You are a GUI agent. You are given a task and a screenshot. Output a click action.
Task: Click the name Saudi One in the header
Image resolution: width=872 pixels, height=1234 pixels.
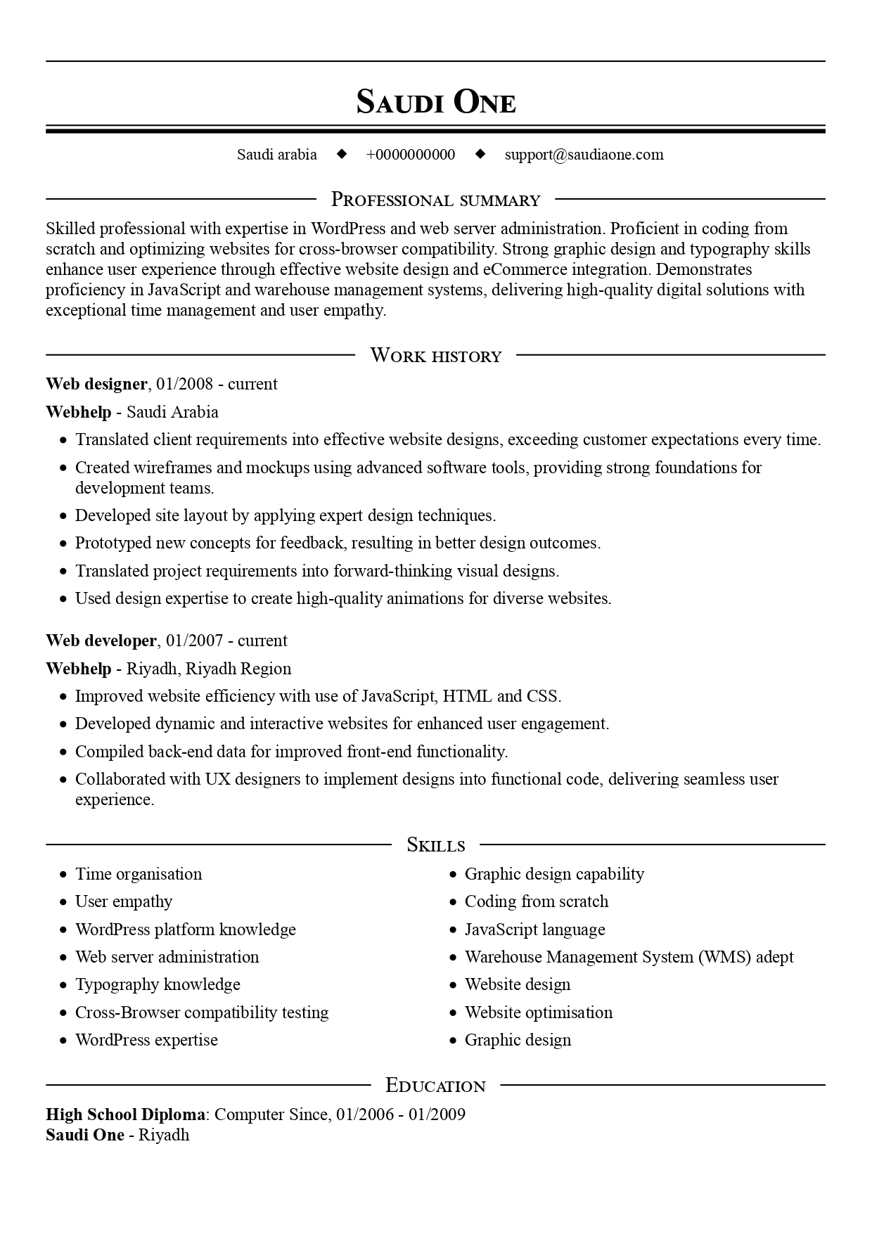click(x=435, y=102)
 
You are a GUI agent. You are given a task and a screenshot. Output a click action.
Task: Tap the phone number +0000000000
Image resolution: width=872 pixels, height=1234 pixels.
click(x=410, y=155)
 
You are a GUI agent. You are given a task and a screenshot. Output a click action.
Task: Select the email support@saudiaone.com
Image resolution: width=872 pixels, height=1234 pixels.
click(x=584, y=155)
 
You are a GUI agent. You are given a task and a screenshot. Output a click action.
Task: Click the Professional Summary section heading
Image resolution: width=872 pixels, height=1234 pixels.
click(x=435, y=200)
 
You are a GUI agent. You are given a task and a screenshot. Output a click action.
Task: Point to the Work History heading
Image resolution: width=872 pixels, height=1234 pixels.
click(x=435, y=356)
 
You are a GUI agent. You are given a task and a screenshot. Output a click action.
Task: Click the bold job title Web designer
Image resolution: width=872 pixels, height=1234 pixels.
click(x=96, y=384)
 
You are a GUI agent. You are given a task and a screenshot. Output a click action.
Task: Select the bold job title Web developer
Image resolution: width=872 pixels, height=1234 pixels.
click(x=101, y=641)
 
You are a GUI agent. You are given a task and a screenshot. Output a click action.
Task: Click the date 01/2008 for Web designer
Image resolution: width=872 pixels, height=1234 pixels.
click(x=184, y=384)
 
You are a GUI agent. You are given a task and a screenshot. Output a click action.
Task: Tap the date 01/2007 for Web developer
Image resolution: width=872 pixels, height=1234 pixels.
click(x=195, y=641)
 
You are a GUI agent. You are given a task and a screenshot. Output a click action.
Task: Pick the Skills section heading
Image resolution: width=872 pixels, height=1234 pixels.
click(x=435, y=845)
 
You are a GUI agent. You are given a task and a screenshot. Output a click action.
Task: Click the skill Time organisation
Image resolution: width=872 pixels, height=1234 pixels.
click(x=139, y=874)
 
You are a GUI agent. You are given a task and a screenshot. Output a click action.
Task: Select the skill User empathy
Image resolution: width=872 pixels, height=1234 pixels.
click(x=124, y=901)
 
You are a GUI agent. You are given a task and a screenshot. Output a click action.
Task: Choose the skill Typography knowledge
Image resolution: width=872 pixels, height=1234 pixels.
click(x=158, y=984)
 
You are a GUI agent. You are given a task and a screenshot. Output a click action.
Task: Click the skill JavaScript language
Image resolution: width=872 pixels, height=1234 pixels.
click(x=534, y=930)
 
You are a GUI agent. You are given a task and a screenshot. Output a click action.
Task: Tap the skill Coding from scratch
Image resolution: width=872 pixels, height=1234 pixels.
click(x=537, y=901)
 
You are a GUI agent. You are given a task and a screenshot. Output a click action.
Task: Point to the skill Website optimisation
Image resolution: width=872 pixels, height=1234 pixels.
click(x=539, y=1013)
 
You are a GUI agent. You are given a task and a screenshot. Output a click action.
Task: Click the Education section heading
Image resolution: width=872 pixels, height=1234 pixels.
click(x=435, y=1086)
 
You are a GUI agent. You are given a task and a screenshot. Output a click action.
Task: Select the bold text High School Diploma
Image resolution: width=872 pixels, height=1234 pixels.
click(x=126, y=1114)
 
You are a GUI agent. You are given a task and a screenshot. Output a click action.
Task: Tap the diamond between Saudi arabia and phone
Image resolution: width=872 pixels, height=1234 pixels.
click(x=342, y=154)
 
